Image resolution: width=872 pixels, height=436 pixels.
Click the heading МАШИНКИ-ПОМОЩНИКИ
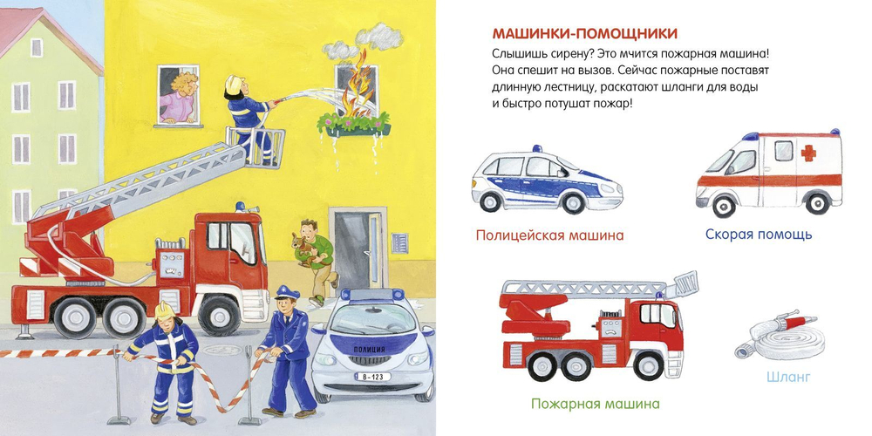[x=584, y=33]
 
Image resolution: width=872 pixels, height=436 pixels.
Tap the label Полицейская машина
[x=549, y=235]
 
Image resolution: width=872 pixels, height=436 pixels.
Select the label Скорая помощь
[x=759, y=234]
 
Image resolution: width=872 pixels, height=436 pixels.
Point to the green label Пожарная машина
[x=595, y=403]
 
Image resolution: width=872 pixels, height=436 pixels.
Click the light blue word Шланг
[x=788, y=377]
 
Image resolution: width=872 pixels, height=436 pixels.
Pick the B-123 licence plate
[x=372, y=377]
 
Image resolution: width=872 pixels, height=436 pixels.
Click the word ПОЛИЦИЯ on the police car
[x=368, y=350]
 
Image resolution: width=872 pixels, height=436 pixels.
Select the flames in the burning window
[x=357, y=89]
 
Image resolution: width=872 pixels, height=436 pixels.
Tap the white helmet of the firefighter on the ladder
[x=234, y=84]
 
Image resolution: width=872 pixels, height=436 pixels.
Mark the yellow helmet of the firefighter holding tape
[x=165, y=310]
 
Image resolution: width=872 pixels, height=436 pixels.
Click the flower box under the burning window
[x=353, y=126]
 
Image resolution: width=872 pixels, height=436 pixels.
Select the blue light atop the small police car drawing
[x=537, y=148]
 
